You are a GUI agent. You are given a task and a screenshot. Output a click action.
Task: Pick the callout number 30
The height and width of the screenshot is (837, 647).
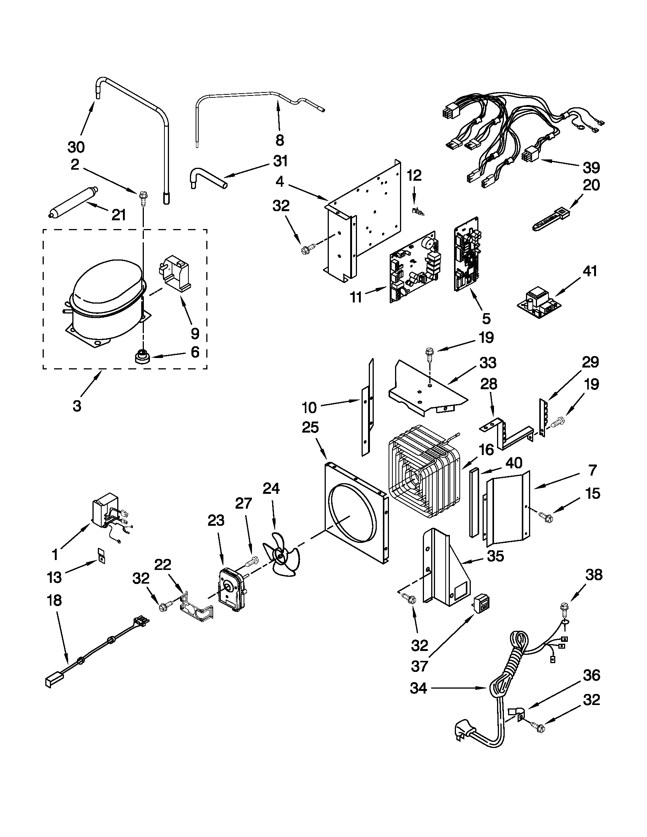coord(76,147)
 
